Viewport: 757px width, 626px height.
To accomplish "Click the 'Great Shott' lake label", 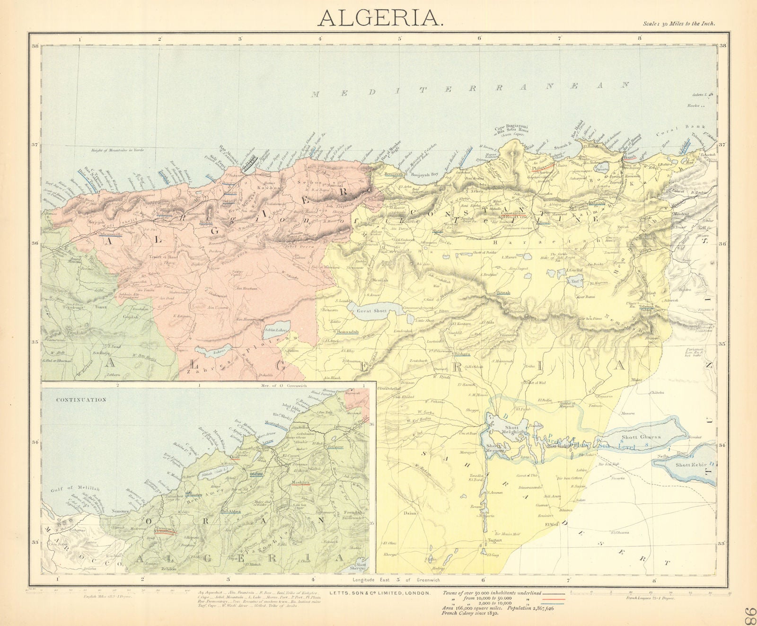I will (372, 311).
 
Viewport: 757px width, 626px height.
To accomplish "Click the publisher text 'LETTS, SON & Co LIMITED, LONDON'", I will (380, 592).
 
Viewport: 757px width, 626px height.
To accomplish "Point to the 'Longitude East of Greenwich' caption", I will (396, 580).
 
